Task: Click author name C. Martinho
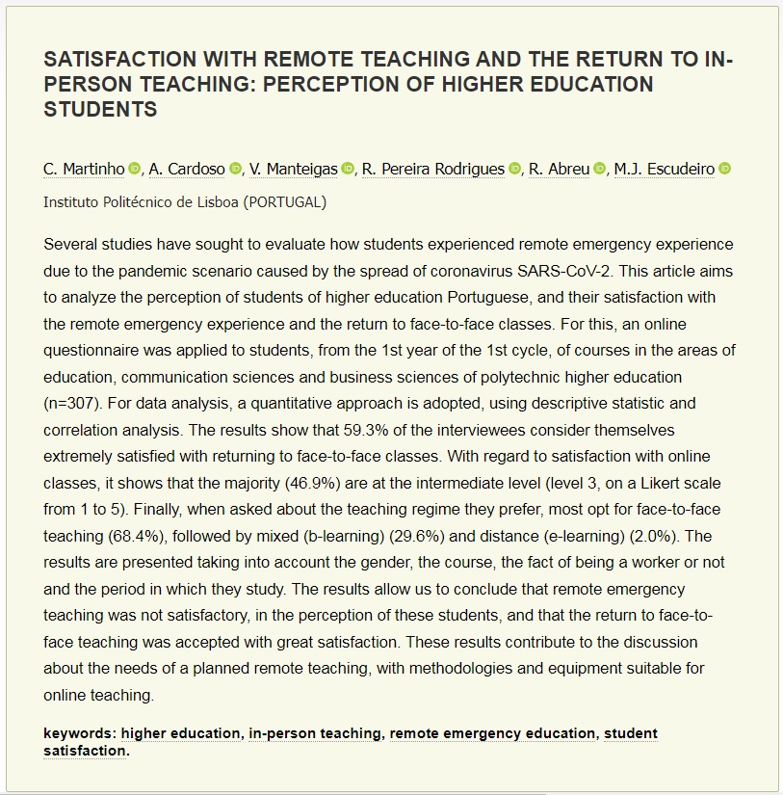click(x=84, y=170)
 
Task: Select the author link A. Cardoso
click(x=187, y=170)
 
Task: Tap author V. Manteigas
click(x=294, y=170)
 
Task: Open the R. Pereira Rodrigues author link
click(x=433, y=170)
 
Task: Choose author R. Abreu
click(x=559, y=170)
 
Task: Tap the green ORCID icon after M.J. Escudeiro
click(x=725, y=170)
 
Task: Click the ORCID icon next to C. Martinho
click(x=135, y=170)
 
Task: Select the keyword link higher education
click(x=180, y=733)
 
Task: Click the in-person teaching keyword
click(x=315, y=733)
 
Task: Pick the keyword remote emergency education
click(x=492, y=733)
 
